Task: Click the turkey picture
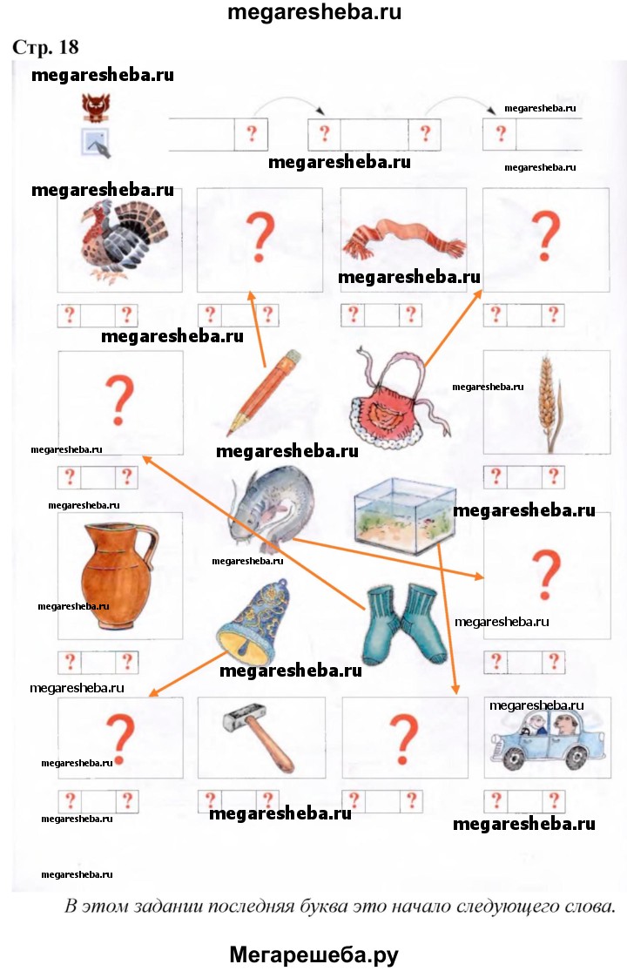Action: coord(123,240)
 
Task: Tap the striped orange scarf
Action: coord(404,239)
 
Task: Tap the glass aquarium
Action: coord(404,516)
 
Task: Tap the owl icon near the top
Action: coord(97,107)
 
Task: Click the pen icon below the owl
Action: coord(96,143)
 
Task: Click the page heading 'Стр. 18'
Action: coord(46,47)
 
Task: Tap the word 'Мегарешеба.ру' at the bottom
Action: coord(313,954)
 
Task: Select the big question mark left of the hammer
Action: coord(120,739)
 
